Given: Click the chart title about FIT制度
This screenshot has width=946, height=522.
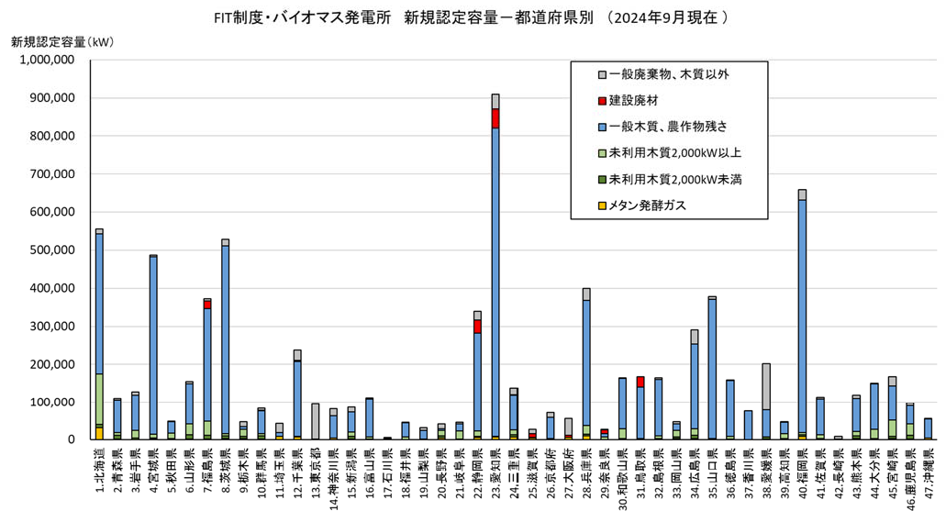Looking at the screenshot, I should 472,17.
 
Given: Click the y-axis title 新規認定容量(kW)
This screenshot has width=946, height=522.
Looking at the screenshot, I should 63,41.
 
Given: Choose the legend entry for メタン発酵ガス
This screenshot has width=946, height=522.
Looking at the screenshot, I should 648,205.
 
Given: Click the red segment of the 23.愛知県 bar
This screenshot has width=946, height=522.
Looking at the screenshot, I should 495,117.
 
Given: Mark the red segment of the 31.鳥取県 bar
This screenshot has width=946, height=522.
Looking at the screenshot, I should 640,382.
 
